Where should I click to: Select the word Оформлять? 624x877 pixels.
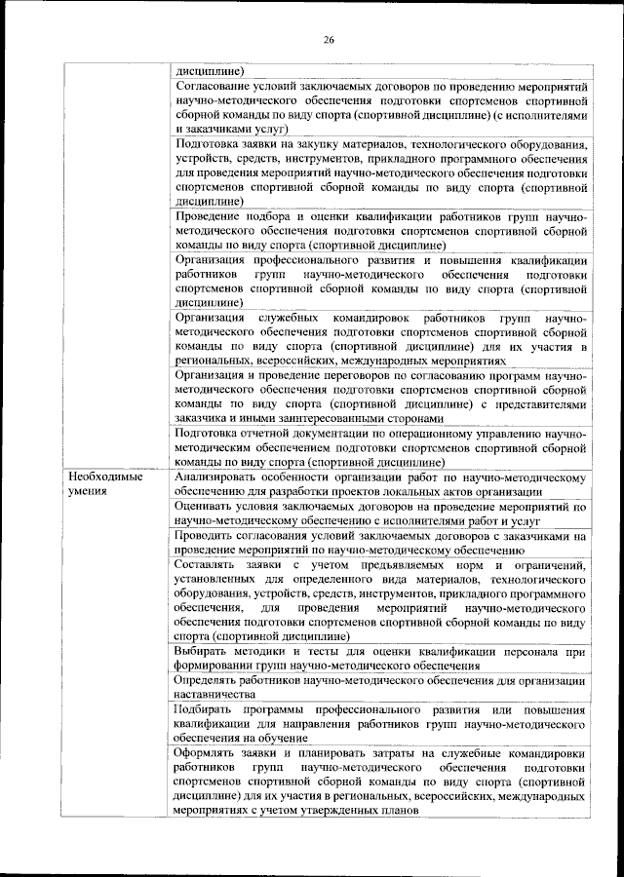(211, 753)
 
